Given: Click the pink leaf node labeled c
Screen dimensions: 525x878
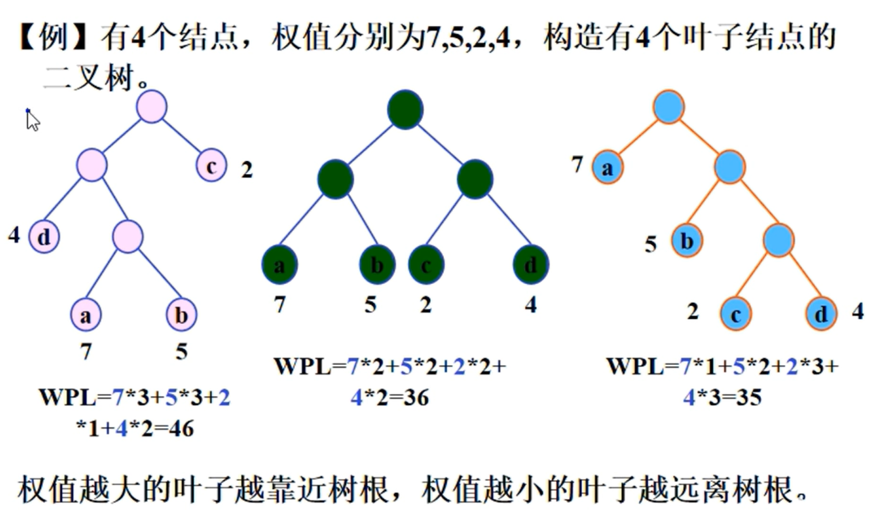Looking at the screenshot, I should coord(211,166).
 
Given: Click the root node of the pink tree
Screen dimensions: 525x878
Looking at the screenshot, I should coord(152,107).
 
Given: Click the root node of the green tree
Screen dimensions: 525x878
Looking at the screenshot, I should coord(405,110).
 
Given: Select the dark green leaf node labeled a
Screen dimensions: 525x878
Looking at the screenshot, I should coord(279,265).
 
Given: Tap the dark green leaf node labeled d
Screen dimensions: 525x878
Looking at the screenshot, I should coord(531,265).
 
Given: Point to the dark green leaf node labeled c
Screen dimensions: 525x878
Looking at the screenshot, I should coord(426,265).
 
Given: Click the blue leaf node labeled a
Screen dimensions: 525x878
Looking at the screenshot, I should coord(607,168).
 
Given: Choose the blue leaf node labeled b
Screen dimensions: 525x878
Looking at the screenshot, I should coord(686,241).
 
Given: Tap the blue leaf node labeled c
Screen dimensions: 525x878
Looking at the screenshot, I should coord(736,314).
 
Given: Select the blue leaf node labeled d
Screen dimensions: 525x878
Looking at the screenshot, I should coord(822,314).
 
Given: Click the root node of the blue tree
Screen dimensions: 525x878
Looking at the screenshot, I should coord(669,107).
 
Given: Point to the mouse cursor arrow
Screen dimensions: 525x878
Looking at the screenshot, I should coord(32,120).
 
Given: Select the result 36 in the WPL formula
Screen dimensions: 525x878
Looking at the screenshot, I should coord(415,397).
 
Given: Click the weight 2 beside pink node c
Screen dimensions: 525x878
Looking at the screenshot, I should coord(247,170).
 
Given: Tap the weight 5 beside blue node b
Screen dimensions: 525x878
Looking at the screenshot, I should coord(651,244).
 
